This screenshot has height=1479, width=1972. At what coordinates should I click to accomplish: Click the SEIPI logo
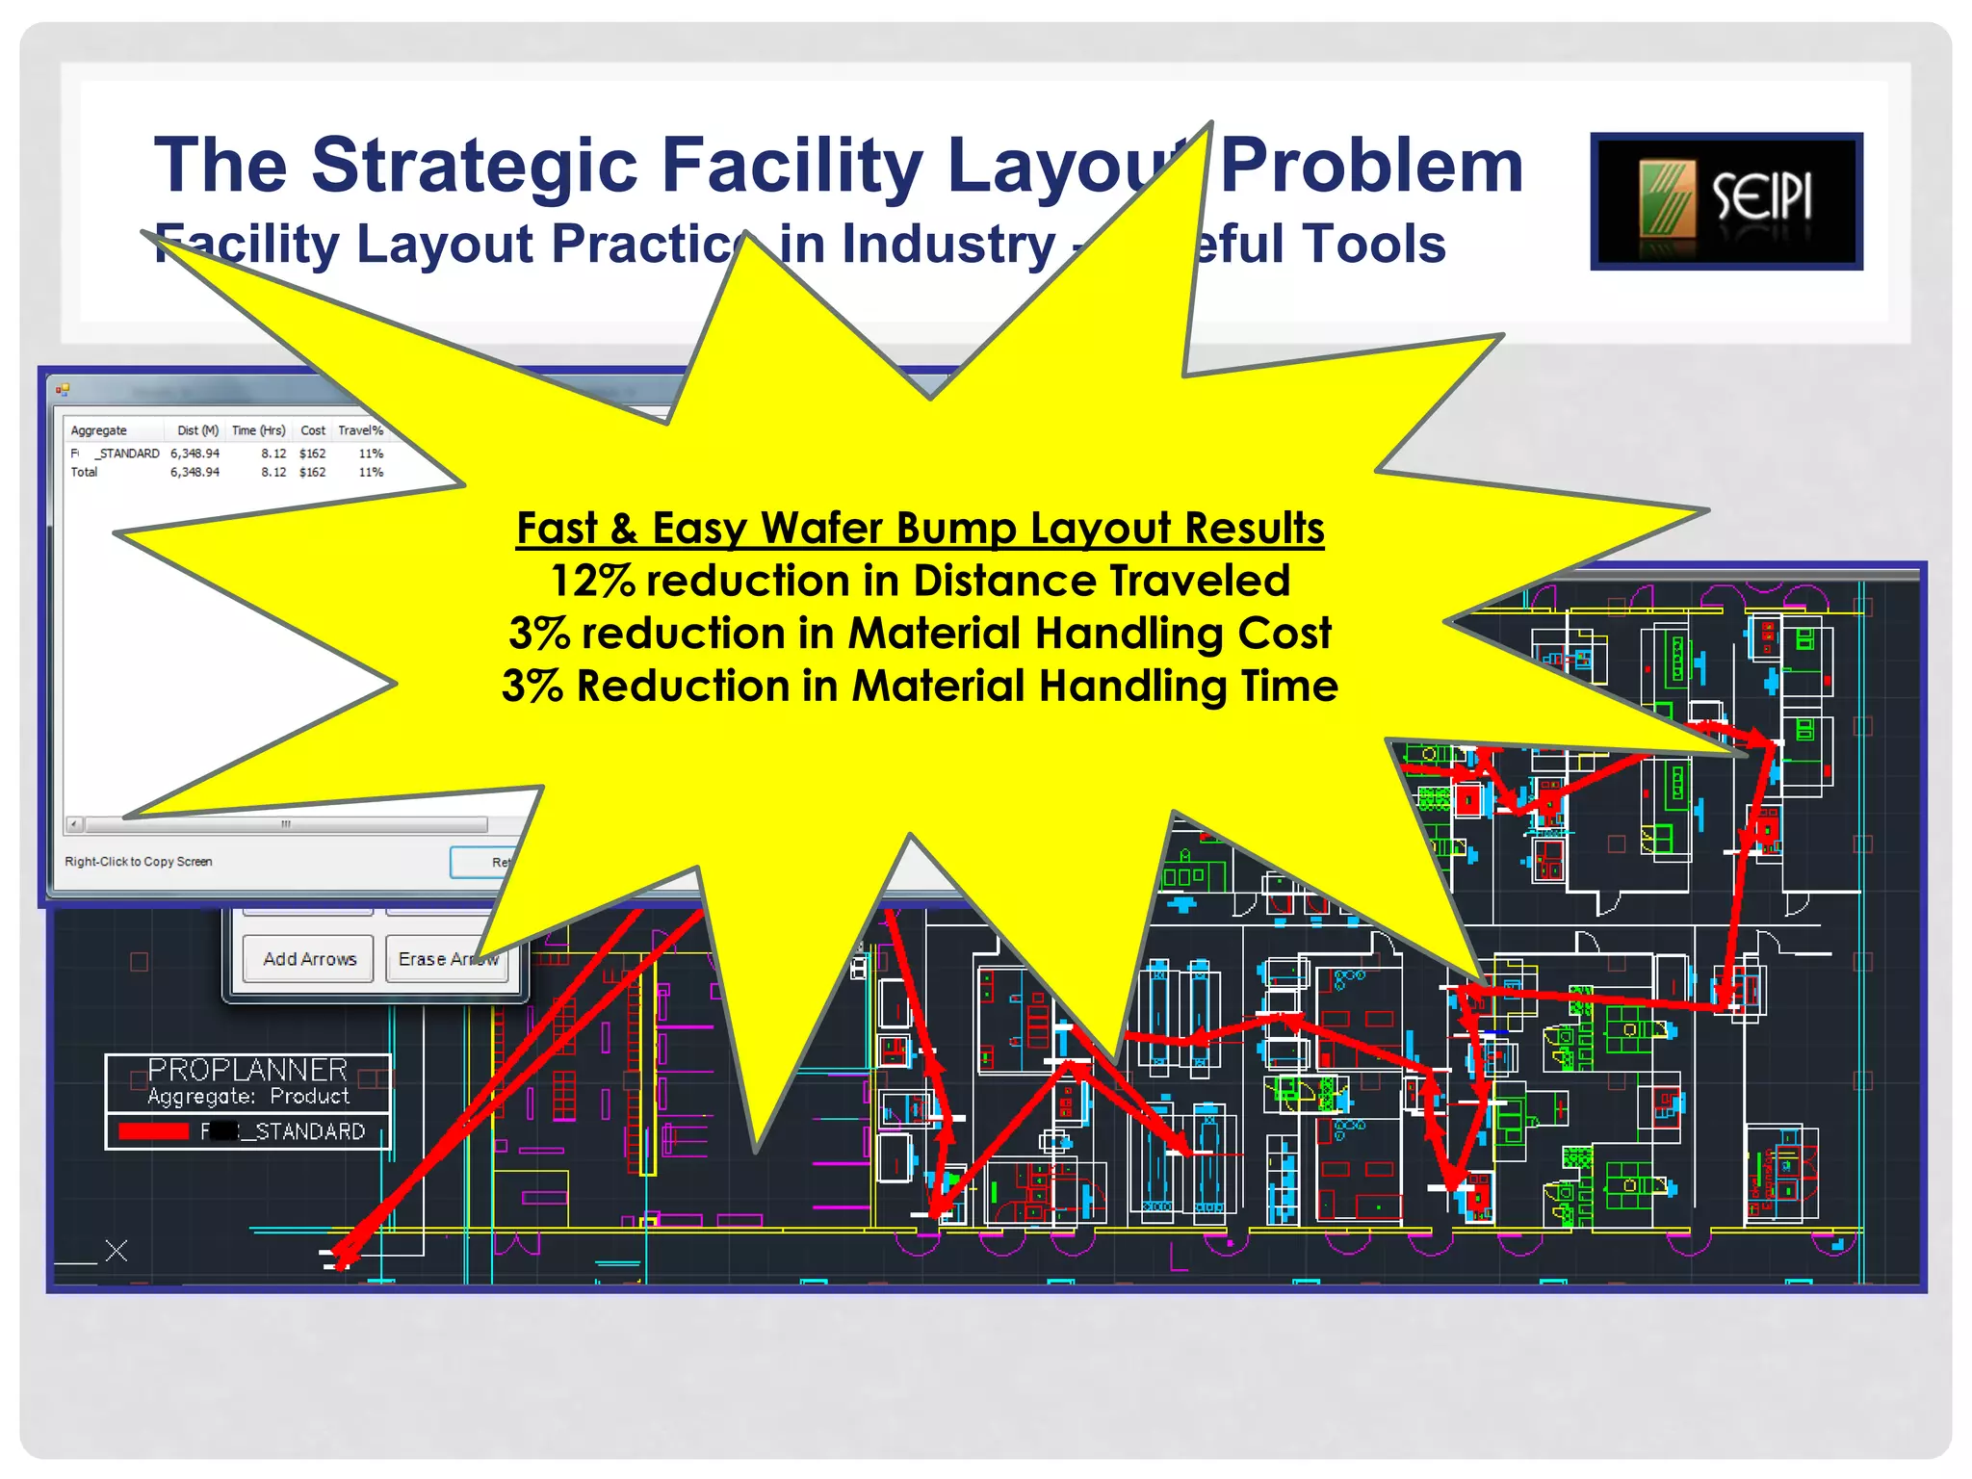1725,200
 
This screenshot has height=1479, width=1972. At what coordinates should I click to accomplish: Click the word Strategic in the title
476,165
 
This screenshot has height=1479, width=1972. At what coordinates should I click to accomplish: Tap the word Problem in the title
1371,167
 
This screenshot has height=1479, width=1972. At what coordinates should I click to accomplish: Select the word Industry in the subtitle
948,244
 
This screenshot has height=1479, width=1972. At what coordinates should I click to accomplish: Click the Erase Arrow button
448,959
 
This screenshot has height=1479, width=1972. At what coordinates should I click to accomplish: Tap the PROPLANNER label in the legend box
247,1070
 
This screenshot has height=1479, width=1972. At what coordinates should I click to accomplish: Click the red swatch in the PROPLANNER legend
153,1131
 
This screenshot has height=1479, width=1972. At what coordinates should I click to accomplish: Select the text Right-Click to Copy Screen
139,862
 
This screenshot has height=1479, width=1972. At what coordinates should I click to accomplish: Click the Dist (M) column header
197,430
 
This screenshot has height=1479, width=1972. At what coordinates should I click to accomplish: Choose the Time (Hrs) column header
258,430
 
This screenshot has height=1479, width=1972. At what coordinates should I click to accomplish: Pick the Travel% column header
360,430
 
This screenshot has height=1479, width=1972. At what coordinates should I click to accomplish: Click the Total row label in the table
85,472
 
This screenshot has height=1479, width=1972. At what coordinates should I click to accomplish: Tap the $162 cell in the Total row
312,472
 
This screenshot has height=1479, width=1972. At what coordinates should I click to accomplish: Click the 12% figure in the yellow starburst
592,581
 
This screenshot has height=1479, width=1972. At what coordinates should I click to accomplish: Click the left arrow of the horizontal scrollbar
74,824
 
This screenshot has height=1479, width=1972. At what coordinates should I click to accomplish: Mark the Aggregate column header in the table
98,430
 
